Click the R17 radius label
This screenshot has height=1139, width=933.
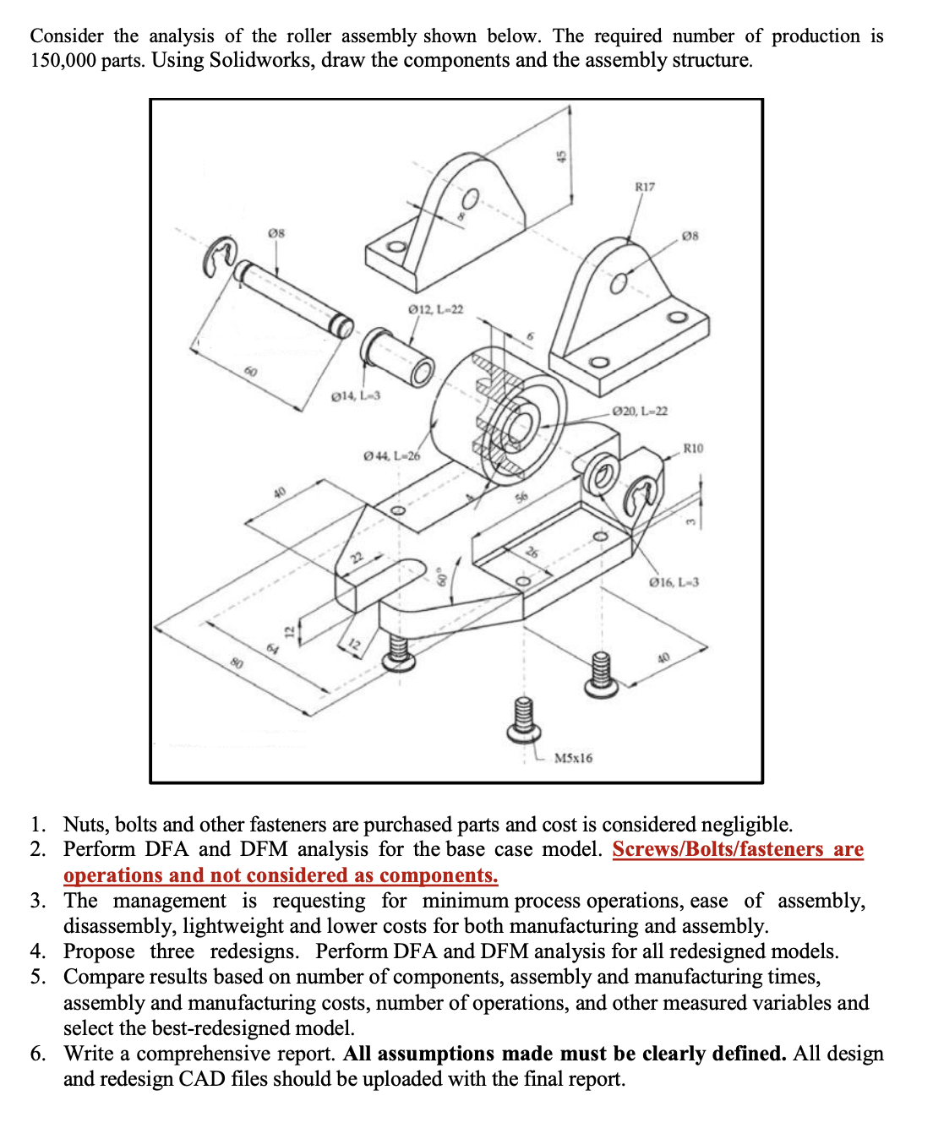(x=644, y=187)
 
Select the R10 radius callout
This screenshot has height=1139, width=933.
(x=692, y=448)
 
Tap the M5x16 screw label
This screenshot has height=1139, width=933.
(x=573, y=758)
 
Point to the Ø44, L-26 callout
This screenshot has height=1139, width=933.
(x=391, y=456)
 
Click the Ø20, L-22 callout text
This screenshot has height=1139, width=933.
(x=640, y=411)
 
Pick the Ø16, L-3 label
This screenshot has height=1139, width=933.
(x=674, y=582)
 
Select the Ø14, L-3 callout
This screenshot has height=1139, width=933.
(x=356, y=395)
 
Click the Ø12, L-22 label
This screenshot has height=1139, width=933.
(x=435, y=310)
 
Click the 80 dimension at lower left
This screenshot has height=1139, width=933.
(x=238, y=664)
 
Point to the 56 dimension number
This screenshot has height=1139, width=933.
(x=521, y=498)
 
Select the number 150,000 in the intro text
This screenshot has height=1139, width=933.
(x=63, y=61)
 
